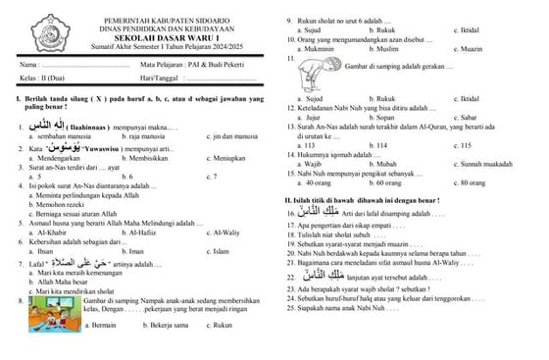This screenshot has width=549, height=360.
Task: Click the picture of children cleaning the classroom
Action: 48,328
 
